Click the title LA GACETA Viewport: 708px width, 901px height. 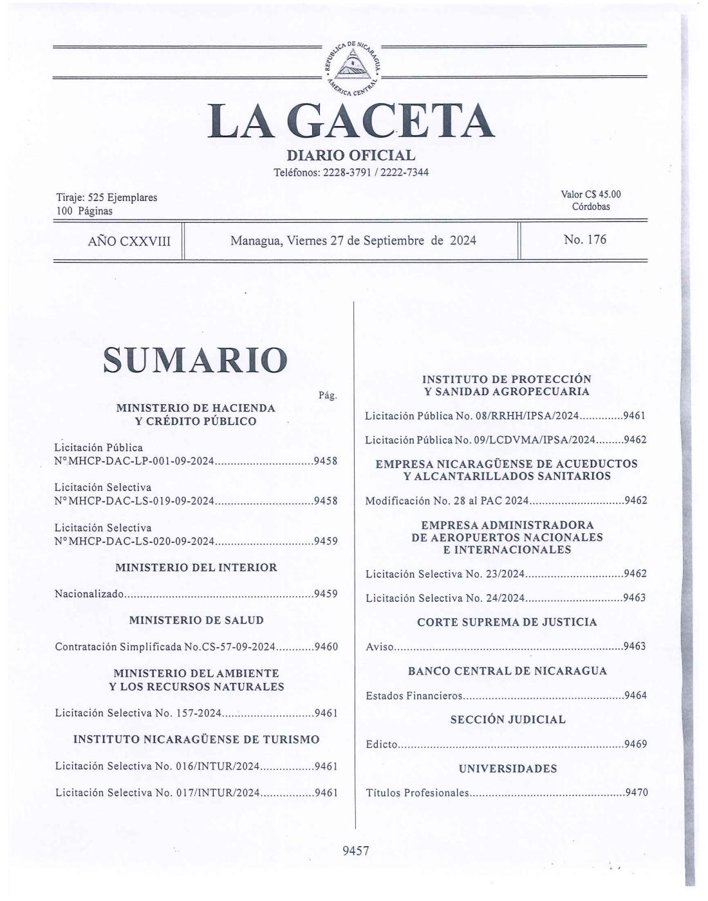[x=351, y=122]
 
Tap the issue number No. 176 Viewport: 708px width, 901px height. [x=584, y=239]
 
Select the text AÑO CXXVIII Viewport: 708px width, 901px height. [x=129, y=241]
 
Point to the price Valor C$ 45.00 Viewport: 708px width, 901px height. [x=591, y=194]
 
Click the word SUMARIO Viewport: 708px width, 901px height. [x=196, y=360]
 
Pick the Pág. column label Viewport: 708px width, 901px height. [x=328, y=395]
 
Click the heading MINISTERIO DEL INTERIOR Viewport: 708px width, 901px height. [x=196, y=568]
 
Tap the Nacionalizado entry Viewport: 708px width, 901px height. [x=89, y=593]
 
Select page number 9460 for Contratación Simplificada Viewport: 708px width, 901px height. [x=326, y=646]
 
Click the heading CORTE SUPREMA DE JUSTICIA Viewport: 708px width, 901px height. [x=507, y=622]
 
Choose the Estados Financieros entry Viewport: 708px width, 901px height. [x=414, y=696]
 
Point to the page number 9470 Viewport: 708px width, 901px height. [x=636, y=793]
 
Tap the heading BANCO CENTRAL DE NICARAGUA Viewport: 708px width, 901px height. [x=507, y=671]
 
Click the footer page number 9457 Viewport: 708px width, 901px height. [x=356, y=851]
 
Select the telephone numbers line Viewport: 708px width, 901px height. [x=351, y=172]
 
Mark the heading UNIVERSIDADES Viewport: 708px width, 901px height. [x=508, y=768]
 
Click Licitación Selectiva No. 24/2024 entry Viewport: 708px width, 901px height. [x=445, y=598]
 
